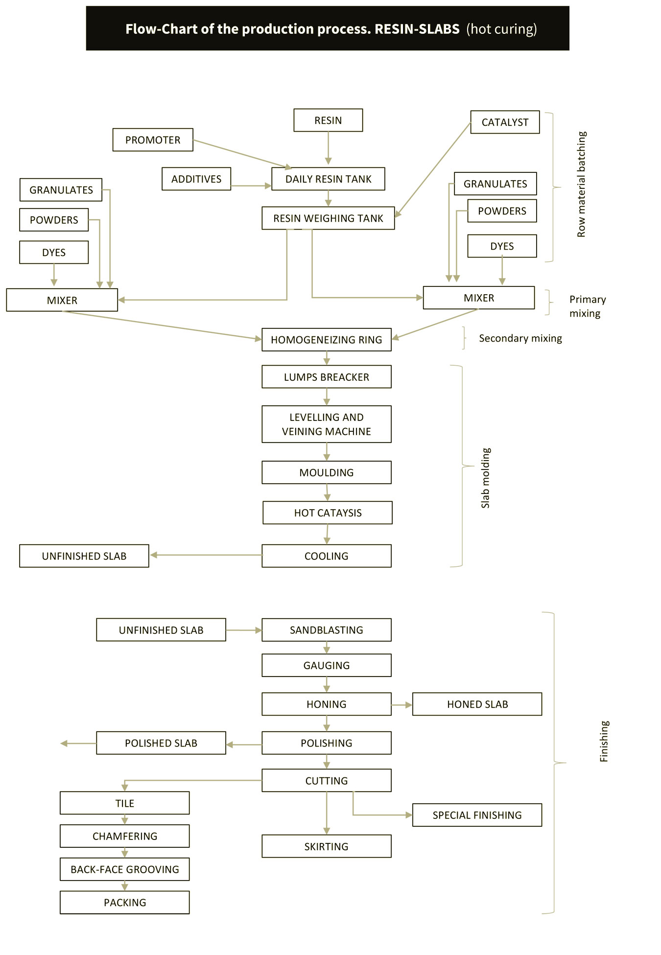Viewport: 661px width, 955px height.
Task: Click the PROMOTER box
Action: point(153,140)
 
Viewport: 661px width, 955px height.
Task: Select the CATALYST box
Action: point(505,122)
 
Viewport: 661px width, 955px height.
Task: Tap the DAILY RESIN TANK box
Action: point(328,179)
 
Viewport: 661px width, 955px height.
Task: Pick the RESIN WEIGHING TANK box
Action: point(328,218)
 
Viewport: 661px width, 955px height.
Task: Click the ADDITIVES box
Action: point(196,179)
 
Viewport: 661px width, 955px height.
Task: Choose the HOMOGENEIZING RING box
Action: point(327,340)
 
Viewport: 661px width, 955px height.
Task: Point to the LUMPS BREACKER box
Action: point(327,377)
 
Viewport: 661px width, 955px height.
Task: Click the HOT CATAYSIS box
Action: point(328,513)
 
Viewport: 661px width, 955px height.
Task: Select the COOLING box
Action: point(327,556)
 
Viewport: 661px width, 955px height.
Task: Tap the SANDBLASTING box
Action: point(327,630)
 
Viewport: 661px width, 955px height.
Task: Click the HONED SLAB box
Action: point(477,704)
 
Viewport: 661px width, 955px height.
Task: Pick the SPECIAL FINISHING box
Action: point(477,815)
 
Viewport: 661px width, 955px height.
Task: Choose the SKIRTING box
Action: point(327,846)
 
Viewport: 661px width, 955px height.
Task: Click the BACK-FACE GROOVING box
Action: point(125,869)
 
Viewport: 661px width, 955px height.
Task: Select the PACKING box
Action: point(125,903)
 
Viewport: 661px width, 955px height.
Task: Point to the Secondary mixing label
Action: point(520,338)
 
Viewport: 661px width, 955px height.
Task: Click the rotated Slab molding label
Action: point(485,478)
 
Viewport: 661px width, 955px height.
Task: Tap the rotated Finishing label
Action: point(604,741)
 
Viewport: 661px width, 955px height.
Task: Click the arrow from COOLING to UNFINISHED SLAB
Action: point(206,555)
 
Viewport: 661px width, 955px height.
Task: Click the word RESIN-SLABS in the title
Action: point(417,29)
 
